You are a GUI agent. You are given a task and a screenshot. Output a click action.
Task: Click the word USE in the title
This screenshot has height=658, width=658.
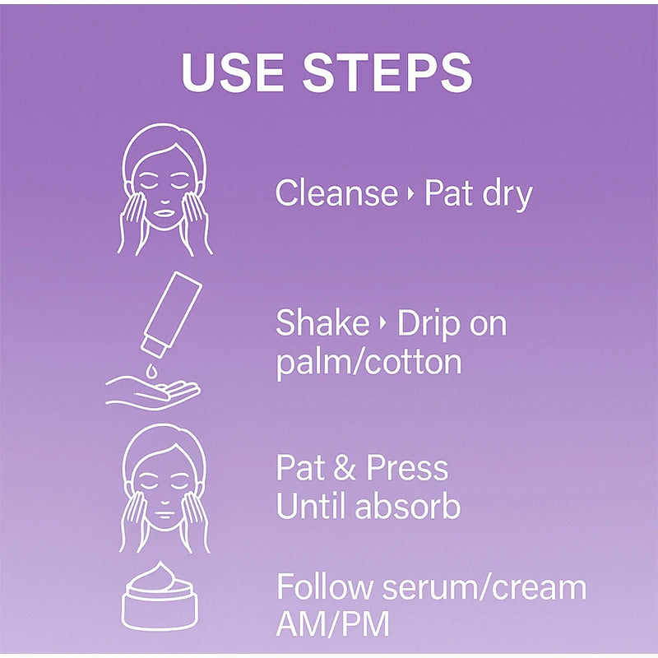click(x=232, y=72)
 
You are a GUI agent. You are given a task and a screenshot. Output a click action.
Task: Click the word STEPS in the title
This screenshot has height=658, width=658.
click(x=387, y=72)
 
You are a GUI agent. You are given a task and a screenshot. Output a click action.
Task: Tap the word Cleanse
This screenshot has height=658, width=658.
click(x=336, y=192)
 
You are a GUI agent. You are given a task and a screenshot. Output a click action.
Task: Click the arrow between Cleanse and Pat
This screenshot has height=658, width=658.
click(x=410, y=194)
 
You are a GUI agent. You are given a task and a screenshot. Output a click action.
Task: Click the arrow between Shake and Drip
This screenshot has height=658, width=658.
click(x=382, y=323)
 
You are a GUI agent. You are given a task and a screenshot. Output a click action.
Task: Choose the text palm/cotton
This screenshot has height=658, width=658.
click(x=368, y=362)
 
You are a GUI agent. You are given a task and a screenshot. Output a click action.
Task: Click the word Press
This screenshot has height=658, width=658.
click(x=407, y=467)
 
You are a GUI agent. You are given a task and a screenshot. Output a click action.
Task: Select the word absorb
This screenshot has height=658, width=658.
click(x=407, y=505)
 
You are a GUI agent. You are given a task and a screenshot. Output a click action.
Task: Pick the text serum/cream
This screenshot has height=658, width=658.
click(x=484, y=586)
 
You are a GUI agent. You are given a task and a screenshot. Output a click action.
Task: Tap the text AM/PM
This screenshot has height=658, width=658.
click(x=333, y=624)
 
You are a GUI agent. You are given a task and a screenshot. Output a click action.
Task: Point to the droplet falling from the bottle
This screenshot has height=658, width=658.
click(x=151, y=370)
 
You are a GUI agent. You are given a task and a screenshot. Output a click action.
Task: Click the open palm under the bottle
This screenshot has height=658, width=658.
click(x=153, y=393)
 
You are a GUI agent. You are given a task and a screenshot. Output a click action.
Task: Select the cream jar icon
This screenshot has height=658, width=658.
click(x=160, y=596)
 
